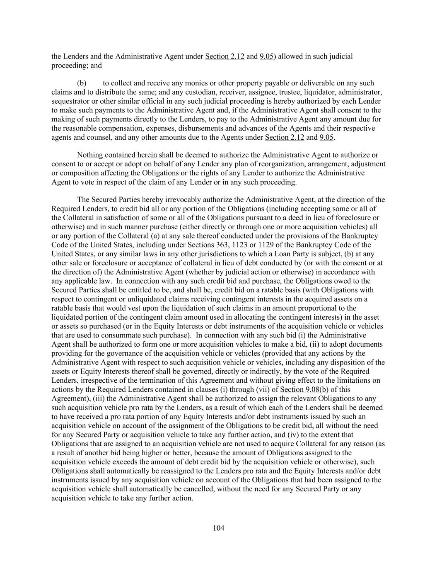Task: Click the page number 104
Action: point(218,528)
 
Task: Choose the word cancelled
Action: point(195,489)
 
